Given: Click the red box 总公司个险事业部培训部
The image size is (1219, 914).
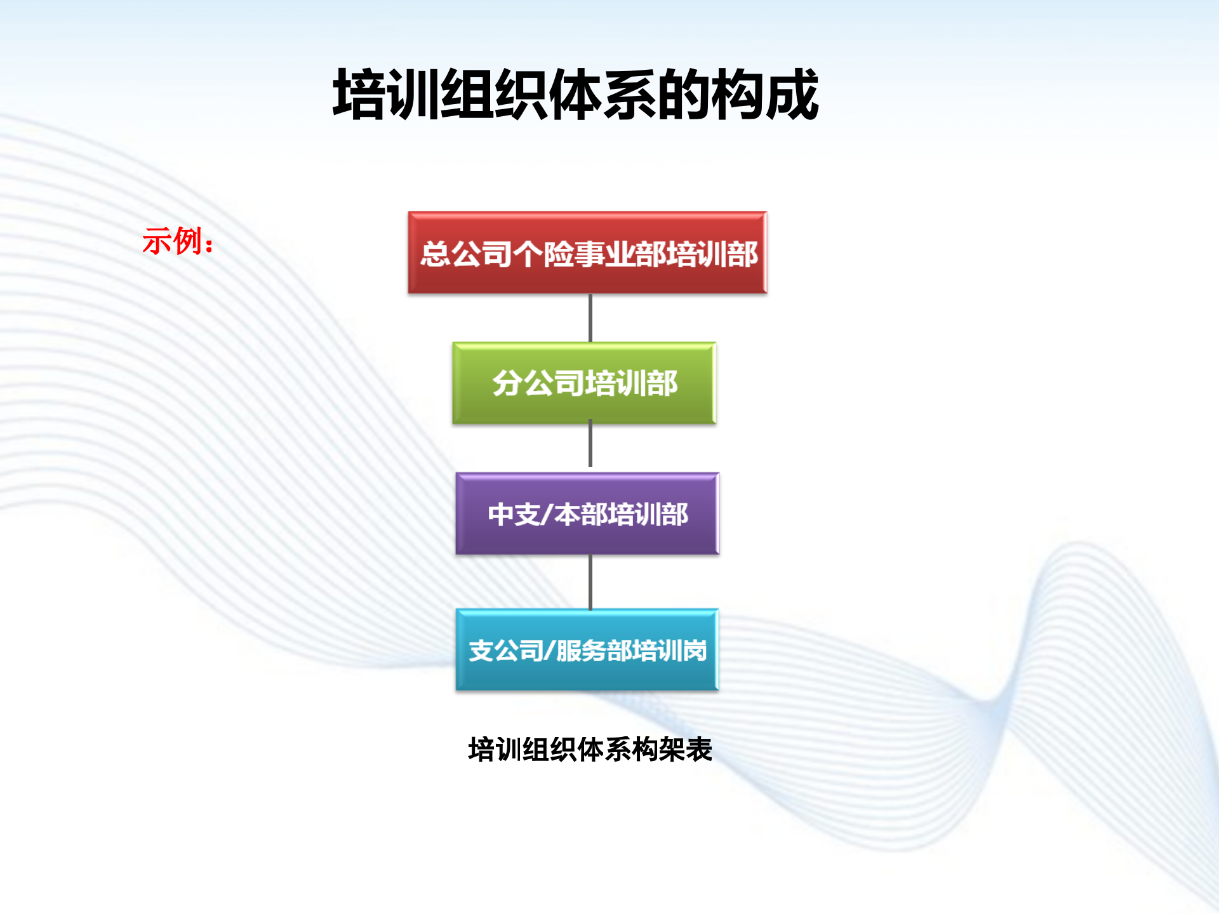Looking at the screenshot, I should click(587, 253).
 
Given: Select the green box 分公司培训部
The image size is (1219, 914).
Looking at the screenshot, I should click(584, 383).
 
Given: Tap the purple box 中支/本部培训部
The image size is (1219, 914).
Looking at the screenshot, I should click(587, 513).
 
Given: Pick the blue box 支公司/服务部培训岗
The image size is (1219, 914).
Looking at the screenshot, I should click(587, 650).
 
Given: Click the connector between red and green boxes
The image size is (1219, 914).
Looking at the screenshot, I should click(590, 317).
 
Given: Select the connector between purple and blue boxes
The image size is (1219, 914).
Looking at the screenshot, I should click(590, 581).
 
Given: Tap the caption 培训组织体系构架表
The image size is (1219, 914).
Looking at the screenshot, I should click(590, 750).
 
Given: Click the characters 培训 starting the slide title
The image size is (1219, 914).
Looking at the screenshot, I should click(386, 95).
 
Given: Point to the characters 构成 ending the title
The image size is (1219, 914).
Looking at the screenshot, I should click(764, 95).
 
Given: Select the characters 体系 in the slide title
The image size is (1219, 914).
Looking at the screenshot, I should click(603, 95).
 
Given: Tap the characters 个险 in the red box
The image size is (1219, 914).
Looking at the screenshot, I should click(542, 255).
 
